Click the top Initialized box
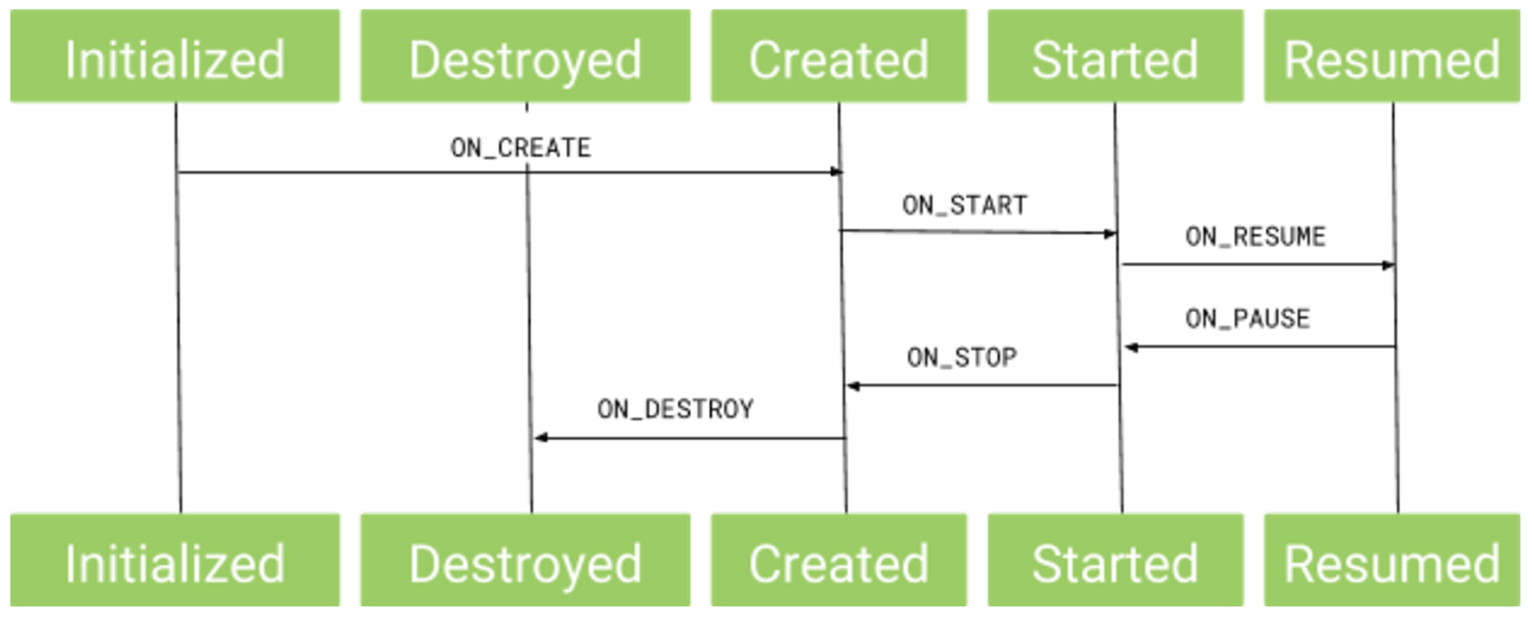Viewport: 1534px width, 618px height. pos(174,57)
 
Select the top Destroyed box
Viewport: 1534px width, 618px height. pos(525,57)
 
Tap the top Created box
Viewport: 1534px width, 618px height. pos(839,57)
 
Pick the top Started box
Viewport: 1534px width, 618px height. pos(1115,57)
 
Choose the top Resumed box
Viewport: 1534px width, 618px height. pos(1392,57)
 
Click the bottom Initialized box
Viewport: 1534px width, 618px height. pos(174,561)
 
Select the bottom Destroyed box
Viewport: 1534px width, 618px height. pos(525,561)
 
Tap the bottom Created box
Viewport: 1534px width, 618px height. pos(839,561)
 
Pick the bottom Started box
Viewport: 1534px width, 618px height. pos(1115,561)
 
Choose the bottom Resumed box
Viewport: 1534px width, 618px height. pos(1392,561)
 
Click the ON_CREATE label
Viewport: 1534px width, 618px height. pos(521,148)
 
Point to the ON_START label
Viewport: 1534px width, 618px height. pos(965,205)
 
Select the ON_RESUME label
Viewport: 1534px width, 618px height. pos(1255,237)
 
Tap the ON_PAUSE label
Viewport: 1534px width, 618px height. pos(1247,318)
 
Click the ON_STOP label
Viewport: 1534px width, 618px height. pos(962,357)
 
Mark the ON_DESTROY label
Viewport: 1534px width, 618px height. pos(675,409)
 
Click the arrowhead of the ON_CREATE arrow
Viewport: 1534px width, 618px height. pos(836,172)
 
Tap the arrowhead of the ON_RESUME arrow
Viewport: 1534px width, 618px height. pos(1388,264)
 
